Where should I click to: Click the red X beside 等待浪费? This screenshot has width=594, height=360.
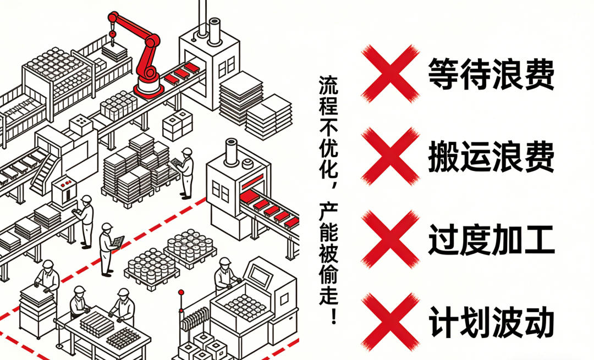[x=389, y=73]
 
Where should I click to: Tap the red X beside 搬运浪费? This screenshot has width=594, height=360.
[x=389, y=156]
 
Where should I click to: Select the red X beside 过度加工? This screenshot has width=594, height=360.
[x=389, y=241]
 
